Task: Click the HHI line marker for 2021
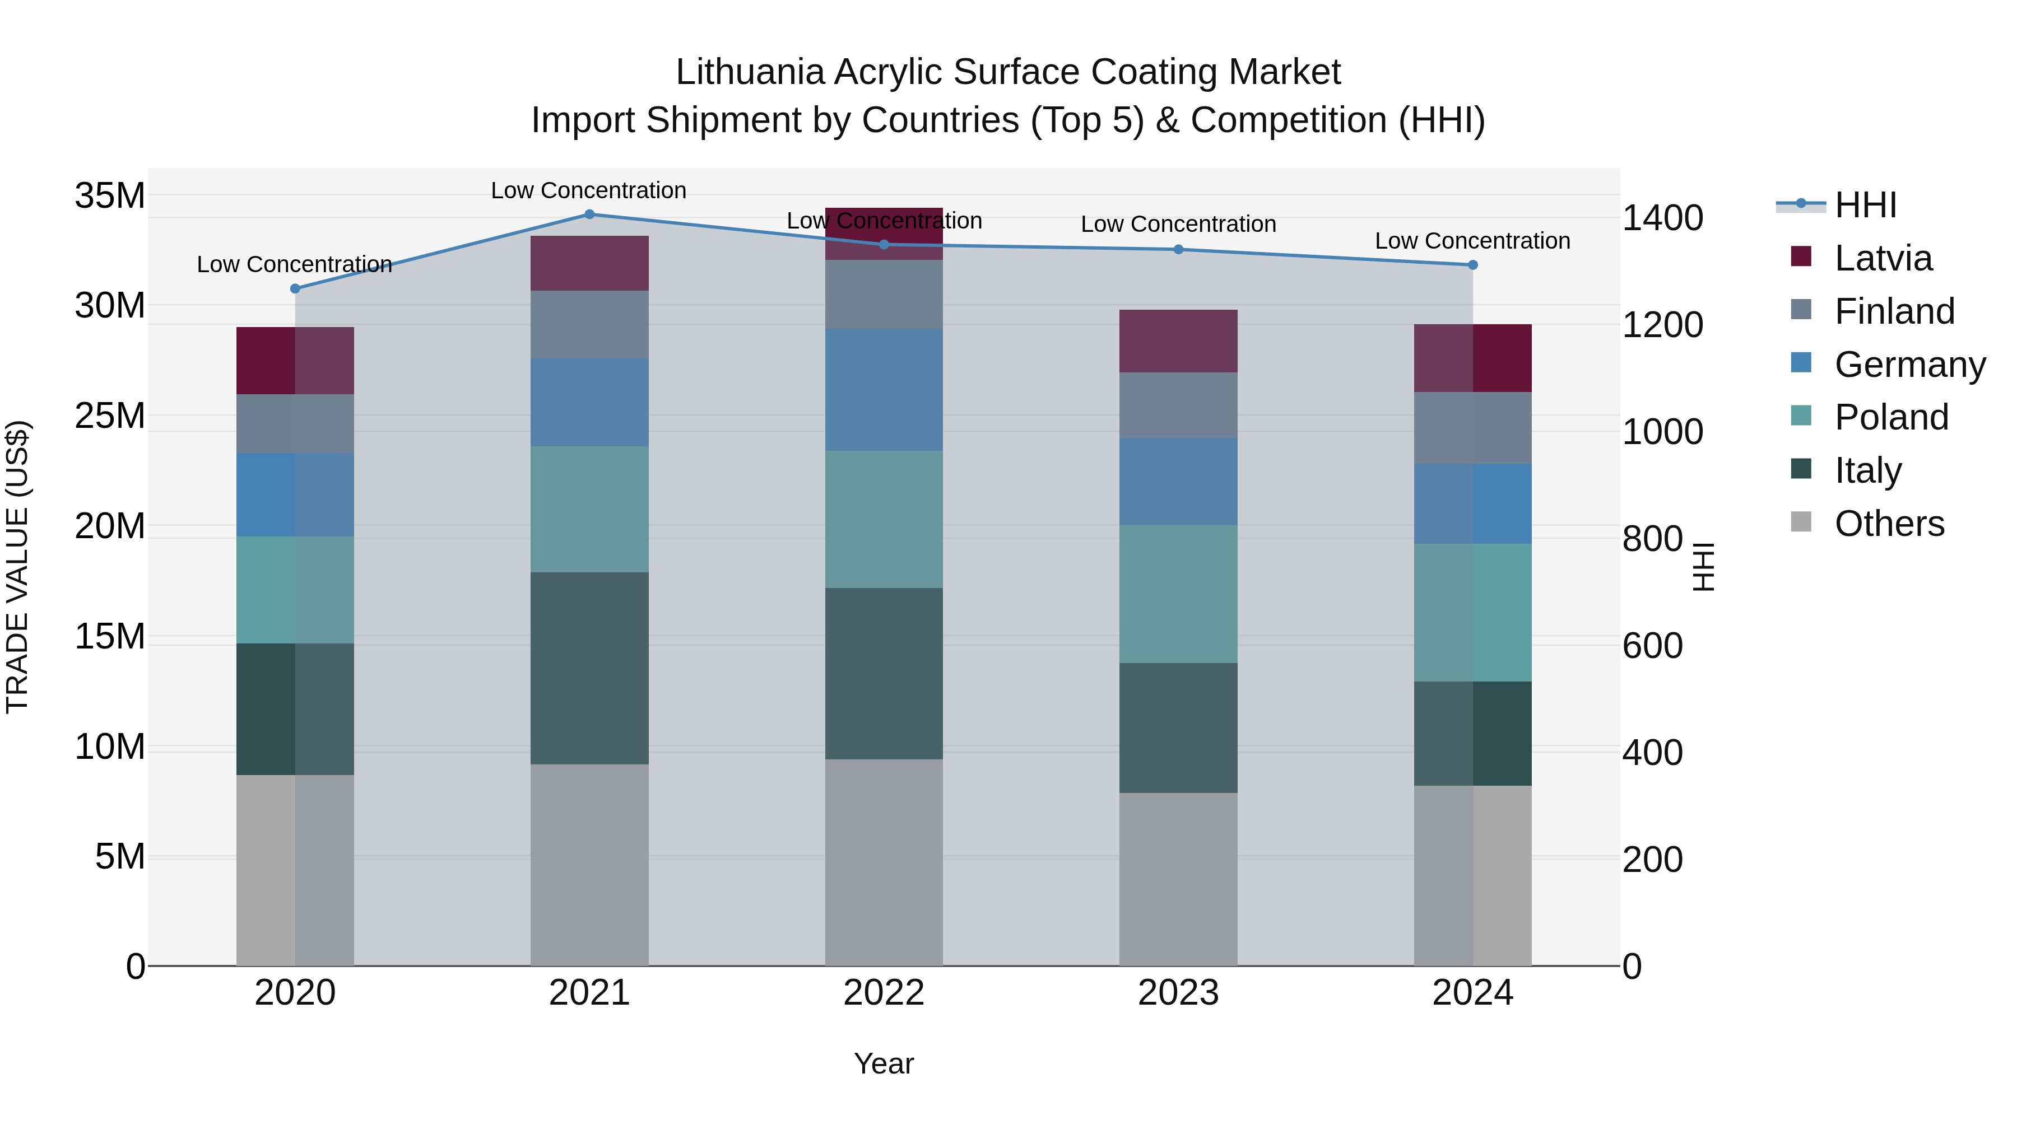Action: pyautogui.click(x=589, y=214)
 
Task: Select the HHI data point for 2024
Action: pyautogui.click(x=1472, y=265)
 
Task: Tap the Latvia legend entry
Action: pyautogui.click(x=1883, y=258)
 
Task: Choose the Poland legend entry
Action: pyautogui.click(x=1891, y=417)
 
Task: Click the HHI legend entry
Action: pyautogui.click(x=1865, y=205)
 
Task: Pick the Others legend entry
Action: pyautogui.click(x=1889, y=524)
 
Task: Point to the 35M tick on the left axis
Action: pyautogui.click(x=110, y=195)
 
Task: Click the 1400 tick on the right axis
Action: pyautogui.click(x=1662, y=218)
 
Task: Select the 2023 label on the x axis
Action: pyautogui.click(x=1178, y=993)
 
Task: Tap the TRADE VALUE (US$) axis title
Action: pyautogui.click(x=17, y=567)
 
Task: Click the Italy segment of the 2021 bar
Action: pyautogui.click(x=589, y=668)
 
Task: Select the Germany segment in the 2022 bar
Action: pyautogui.click(x=884, y=390)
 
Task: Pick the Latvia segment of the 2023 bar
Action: pyautogui.click(x=1178, y=341)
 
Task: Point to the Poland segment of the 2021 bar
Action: pyautogui.click(x=589, y=510)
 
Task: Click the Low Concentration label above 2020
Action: pyautogui.click(x=294, y=264)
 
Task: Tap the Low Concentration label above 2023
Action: pyautogui.click(x=1178, y=225)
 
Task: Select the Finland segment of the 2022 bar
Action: pyautogui.click(x=884, y=294)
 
